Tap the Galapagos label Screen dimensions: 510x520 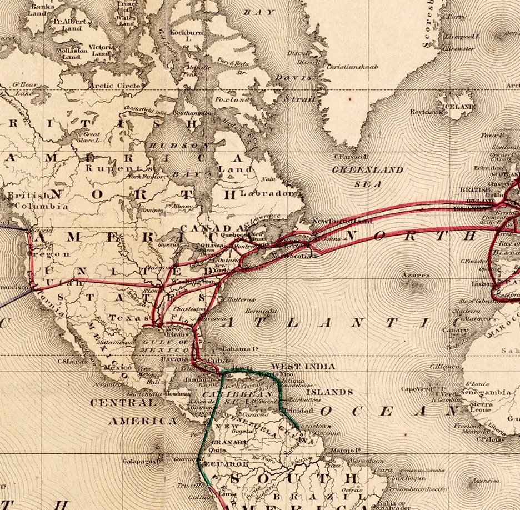point(143,461)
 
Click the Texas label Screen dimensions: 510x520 point(120,318)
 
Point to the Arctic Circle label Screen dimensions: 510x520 point(116,86)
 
